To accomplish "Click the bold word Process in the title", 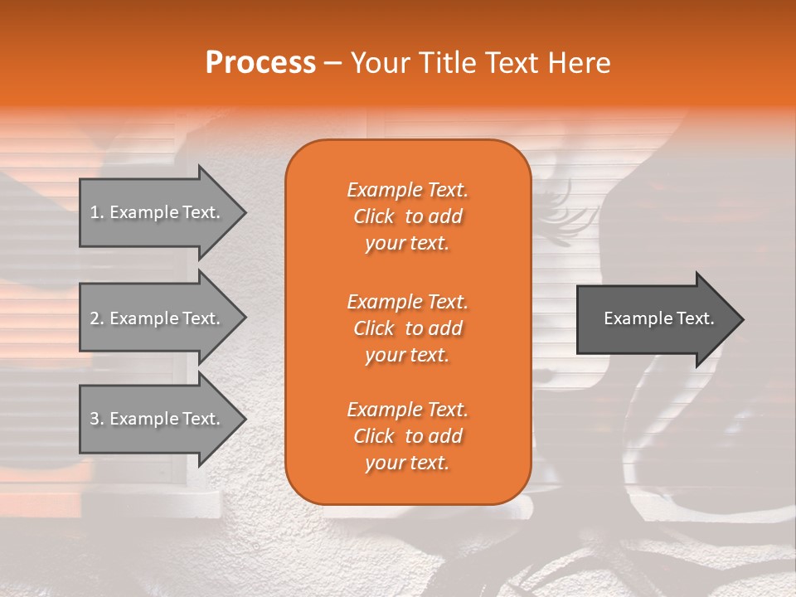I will click(x=260, y=63).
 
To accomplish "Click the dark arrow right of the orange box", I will click(x=655, y=319).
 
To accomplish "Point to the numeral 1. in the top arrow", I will click(x=96, y=212).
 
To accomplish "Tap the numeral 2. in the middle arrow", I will click(x=96, y=318).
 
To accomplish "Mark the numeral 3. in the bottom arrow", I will click(x=96, y=419).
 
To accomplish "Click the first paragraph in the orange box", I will click(x=407, y=216).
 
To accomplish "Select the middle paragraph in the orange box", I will click(x=407, y=328).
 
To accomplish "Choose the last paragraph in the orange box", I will click(x=407, y=436).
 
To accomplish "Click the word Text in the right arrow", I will click(x=695, y=318).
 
